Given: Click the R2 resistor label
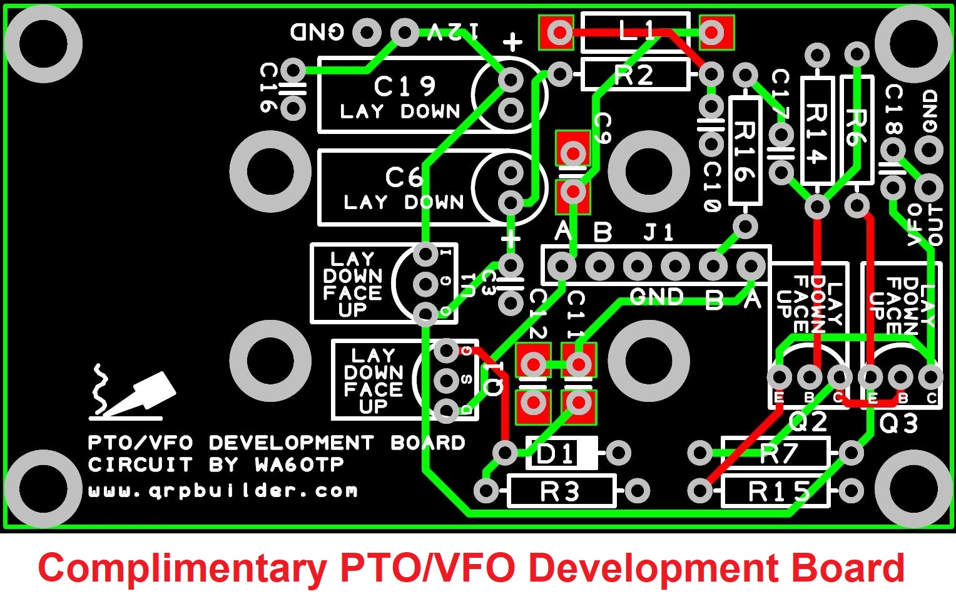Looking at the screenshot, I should click(634, 75).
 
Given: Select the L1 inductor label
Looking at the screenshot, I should click(637, 31).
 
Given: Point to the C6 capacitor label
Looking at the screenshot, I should click(404, 177).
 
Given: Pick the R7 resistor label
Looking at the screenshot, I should click(778, 453).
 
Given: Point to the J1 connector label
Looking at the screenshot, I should click(659, 233).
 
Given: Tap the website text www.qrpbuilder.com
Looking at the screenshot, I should click(223, 490).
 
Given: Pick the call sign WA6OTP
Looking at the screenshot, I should click(299, 465).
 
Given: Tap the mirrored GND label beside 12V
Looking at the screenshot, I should click(317, 32).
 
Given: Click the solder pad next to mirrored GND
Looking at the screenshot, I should click(367, 32).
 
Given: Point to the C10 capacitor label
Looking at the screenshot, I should click(711, 187).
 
